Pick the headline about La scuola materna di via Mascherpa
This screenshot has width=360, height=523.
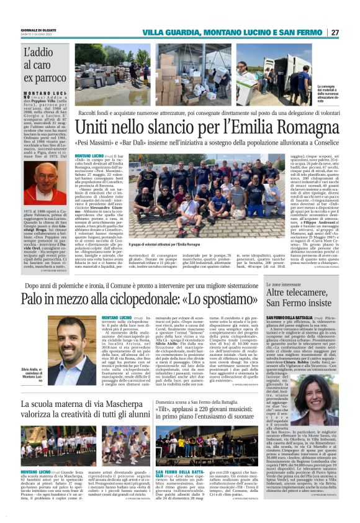[84, 424]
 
